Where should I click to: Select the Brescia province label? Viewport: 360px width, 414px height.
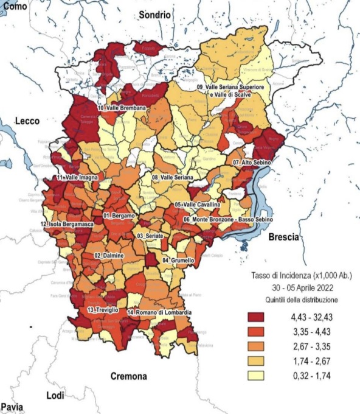[x=284, y=237]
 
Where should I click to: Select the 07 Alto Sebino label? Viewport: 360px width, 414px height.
[x=252, y=163]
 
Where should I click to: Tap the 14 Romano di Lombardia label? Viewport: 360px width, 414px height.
[x=160, y=312]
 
